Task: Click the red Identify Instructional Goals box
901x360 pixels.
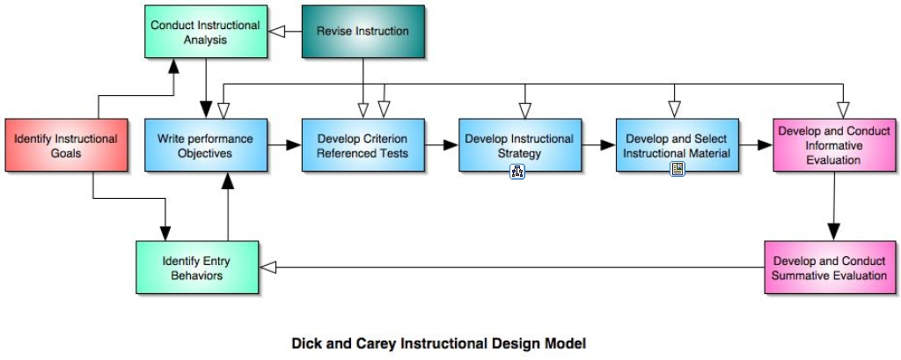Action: click(66, 145)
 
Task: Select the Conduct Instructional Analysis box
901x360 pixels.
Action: click(206, 32)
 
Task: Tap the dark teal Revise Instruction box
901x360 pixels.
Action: click(363, 32)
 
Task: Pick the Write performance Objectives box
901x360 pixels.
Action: click(206, 145)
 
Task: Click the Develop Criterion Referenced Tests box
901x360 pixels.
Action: click(363, 145)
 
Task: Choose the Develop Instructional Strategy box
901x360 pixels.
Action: click(520, 145)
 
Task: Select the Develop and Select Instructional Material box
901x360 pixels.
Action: click(678, 145)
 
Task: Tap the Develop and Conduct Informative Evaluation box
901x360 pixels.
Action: click(834, 145)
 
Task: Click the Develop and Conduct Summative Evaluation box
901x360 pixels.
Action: click(830, 268)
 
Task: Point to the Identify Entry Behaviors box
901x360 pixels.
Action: click(197, 268)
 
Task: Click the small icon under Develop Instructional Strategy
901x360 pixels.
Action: click(517, 171)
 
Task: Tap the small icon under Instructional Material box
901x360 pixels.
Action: click(678, 168)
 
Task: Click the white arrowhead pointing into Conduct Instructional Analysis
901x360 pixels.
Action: click(277, 32)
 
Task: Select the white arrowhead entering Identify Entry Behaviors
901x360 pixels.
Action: click(268, 268)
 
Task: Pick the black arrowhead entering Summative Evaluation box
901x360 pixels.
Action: click(834, 232)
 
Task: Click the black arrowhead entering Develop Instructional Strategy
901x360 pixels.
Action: click(450, 145)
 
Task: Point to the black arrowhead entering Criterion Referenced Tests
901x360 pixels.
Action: click(294, 145)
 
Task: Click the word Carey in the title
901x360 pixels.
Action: click(377, 344)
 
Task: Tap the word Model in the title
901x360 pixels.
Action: click(568, 343)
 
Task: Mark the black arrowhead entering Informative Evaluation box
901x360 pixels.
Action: click(765, 145)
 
